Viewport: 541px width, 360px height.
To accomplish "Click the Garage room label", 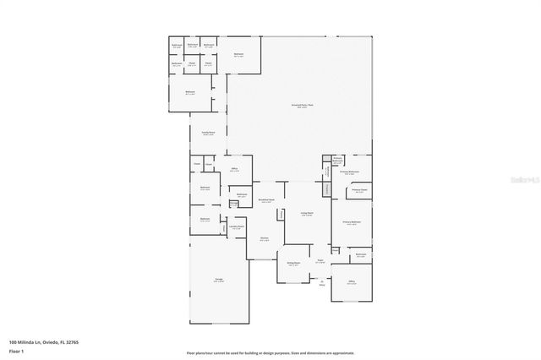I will coord(219,281).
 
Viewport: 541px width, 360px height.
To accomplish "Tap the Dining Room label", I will coord(293,265).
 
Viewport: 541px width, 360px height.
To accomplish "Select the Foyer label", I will coord(320,261).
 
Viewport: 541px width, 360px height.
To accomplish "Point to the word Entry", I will coord(321,284).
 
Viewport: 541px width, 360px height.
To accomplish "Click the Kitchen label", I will coord(265,239).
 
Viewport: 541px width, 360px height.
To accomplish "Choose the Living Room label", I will coord(307,214).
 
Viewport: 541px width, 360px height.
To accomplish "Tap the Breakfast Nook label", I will coord(266,201).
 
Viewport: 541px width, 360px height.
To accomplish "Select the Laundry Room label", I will coord(237,227).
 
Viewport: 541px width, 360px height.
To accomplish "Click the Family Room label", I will coord(208,134).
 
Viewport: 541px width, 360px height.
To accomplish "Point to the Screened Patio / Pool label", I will coord(303,106).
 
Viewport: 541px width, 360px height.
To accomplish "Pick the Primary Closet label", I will coord(359,191).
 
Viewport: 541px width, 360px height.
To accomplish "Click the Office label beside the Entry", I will coord(351,281).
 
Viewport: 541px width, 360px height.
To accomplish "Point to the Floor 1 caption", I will coord(16,350).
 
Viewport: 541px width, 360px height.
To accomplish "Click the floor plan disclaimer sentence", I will coord(270,353).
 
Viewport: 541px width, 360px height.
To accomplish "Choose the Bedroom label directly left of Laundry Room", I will coord(205,220).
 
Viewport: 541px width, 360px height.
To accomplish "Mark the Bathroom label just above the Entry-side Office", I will coord(360,254).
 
